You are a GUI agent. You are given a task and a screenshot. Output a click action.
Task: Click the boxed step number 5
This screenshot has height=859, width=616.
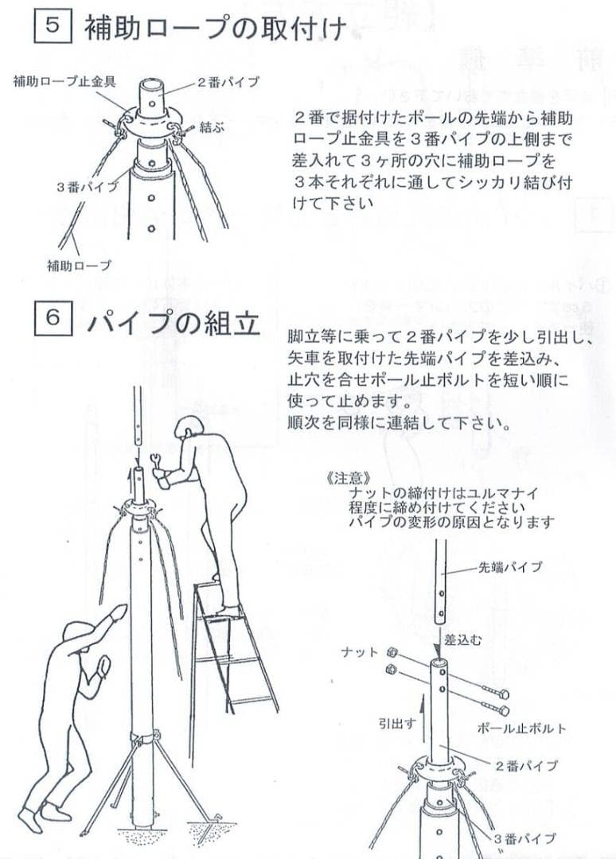53,26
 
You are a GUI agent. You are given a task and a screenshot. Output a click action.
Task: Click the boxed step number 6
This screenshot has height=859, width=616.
53,318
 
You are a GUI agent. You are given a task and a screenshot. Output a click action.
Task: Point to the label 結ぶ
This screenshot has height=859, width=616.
211,126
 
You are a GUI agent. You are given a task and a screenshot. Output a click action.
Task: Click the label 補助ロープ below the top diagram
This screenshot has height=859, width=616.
79,264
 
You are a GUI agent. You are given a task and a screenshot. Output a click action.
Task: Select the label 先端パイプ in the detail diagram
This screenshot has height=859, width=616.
510,567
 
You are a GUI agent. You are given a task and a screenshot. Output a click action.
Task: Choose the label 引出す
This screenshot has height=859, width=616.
394,725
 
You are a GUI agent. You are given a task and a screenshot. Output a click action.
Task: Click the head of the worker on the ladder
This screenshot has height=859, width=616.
190,429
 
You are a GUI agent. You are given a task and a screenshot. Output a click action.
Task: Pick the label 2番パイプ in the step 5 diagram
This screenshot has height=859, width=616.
228,82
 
